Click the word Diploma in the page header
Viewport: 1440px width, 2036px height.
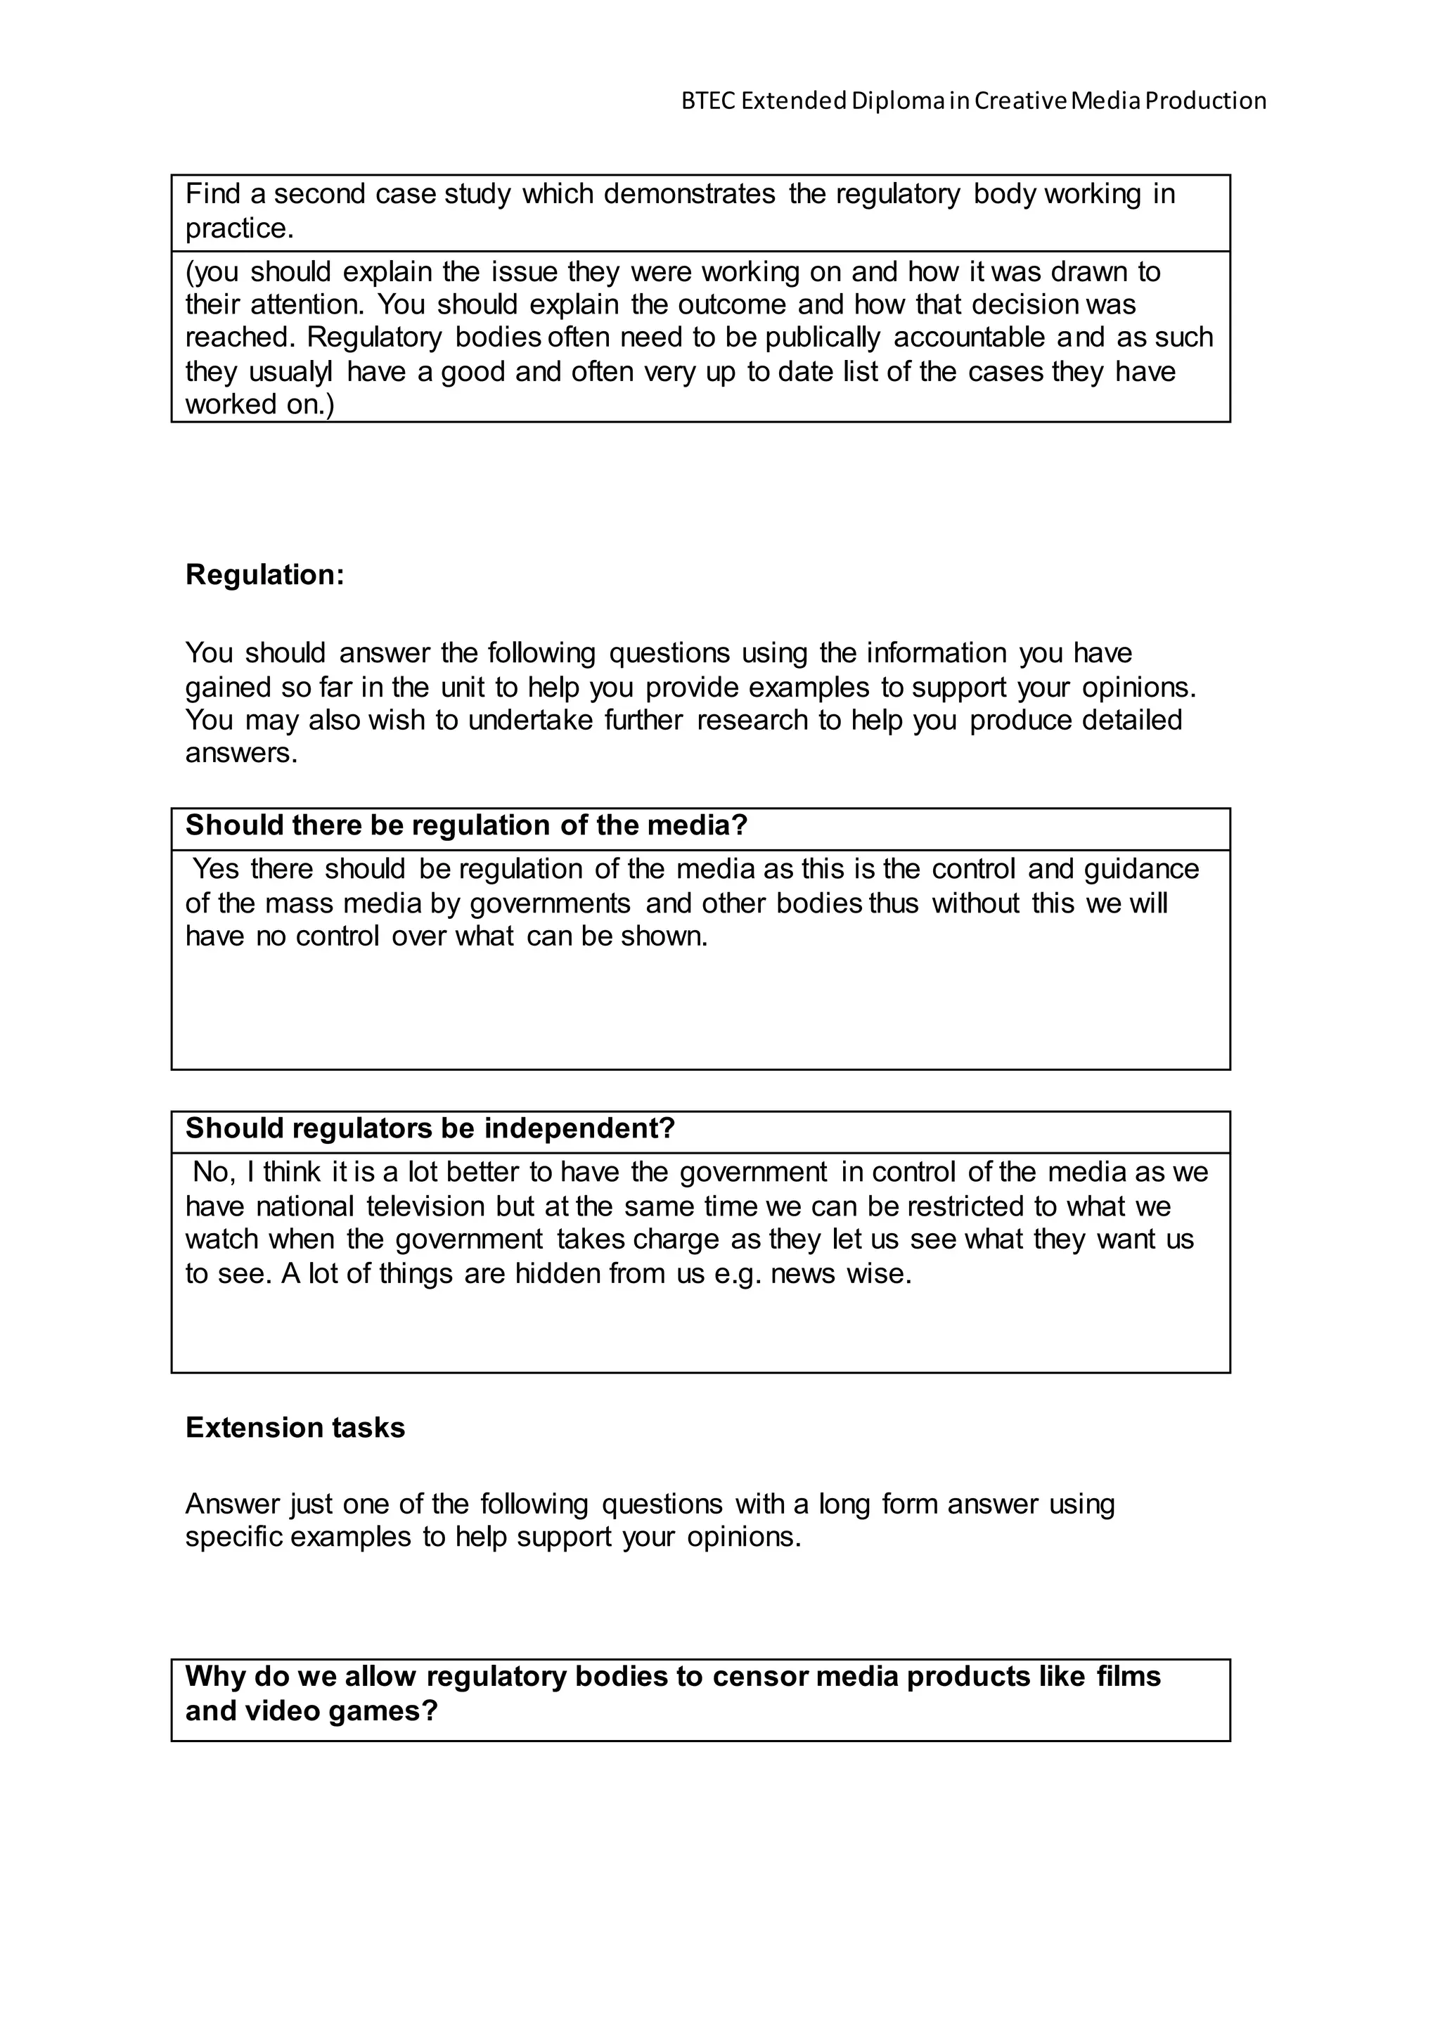click(897, 101)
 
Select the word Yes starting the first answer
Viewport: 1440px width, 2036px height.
click(215, 869)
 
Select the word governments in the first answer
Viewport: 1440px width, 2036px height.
click(550, 903)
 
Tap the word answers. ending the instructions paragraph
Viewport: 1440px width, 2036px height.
click(241, 754)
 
